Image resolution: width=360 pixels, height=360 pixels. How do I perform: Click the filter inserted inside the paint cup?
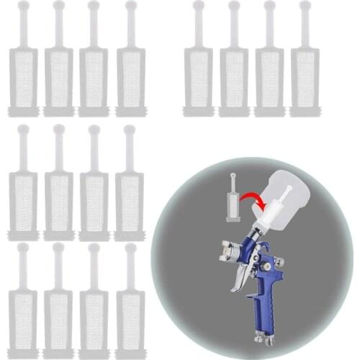click(x=271, y=212)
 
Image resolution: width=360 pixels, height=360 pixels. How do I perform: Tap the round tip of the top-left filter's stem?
click(x=23, y=6)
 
